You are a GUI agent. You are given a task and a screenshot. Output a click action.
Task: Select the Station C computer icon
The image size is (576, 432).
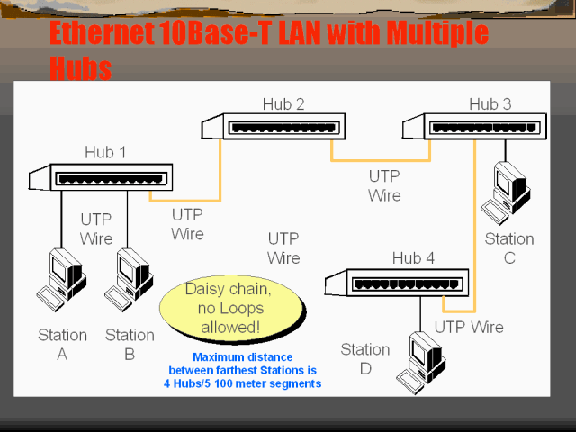point(506,191)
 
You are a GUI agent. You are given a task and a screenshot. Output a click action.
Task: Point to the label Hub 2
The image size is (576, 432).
point(283,104)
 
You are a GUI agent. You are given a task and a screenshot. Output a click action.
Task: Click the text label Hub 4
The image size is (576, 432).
point(413,259)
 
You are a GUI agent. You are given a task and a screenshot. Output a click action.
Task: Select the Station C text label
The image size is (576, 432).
point(509,248)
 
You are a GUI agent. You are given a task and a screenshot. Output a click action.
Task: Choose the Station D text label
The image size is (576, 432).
point(364,359)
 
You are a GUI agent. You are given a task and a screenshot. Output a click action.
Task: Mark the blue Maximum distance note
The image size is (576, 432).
point(243,371)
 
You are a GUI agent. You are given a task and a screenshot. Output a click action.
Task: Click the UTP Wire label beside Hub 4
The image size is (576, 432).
point(469,328)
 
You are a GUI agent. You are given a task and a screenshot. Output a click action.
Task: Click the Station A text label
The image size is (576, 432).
point(62,344)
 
